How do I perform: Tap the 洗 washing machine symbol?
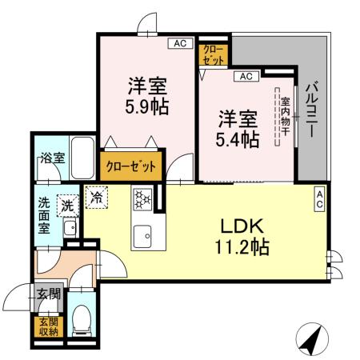coord(69,206)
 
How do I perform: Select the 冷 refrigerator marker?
coord(96,194)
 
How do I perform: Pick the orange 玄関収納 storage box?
coord(47,326)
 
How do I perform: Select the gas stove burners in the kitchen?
coord(143,199)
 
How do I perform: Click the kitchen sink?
coord(144,235)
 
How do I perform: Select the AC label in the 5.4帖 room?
coord(245,77)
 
